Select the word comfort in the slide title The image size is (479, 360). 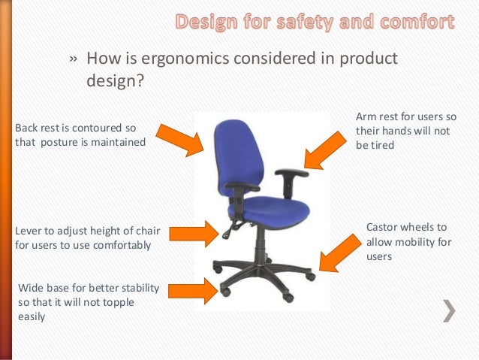click(415, 22)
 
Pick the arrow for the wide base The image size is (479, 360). click(192, 289)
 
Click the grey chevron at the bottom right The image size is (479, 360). click(449, 310)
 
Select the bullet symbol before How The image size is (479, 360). click(74, 59)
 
